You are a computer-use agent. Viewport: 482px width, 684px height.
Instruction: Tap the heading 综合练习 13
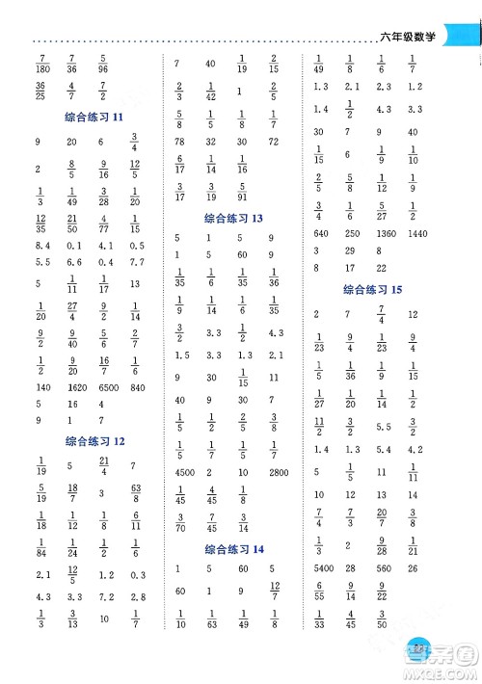(x=233, y=219)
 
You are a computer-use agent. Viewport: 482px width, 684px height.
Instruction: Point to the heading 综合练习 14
(x=233, y=549)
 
